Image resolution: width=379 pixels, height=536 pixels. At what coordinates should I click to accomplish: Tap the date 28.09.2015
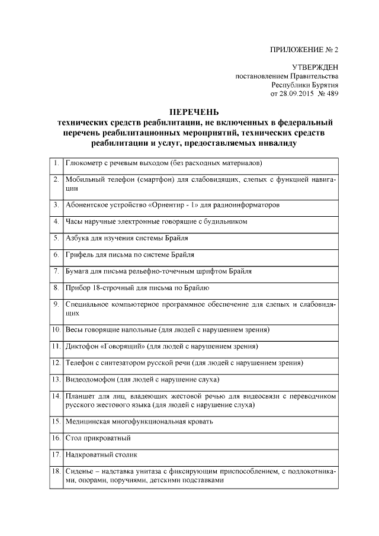coord(296,94)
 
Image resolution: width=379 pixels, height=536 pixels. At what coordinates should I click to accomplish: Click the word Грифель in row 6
coord(80,255)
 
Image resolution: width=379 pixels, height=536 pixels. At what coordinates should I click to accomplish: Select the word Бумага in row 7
coord(79,271)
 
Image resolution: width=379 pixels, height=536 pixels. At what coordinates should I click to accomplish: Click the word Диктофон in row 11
coord(82,346)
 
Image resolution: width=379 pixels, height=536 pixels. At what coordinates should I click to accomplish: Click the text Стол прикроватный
coord(98,438)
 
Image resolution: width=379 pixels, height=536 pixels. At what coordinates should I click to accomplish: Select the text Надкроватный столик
coord(101,455)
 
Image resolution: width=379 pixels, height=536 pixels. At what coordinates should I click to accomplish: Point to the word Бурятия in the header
coord(323,85)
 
